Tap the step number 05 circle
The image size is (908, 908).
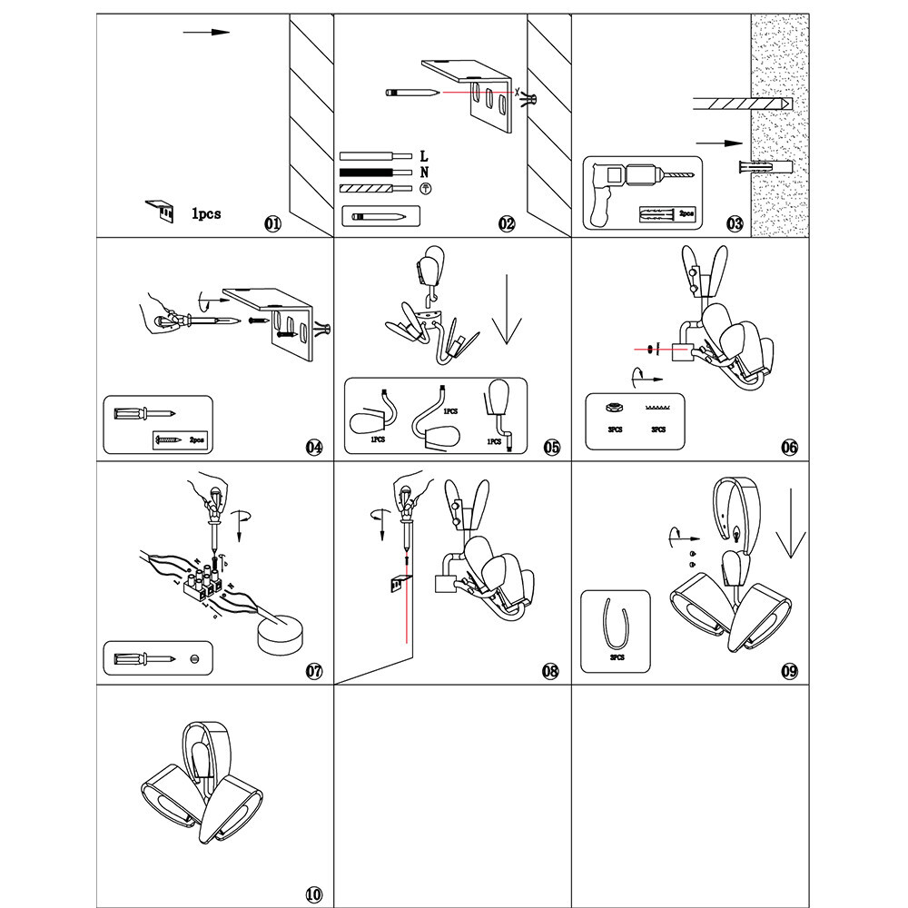click(x=552, y=447)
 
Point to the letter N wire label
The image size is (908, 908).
click(x=424, y=172)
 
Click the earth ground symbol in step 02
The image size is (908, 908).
click(x=424, y=188)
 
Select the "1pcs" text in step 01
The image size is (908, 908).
click(x=205, y=215)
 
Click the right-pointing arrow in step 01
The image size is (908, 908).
click(x=206, y=33)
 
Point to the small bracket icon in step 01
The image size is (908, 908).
click(x=161, y=211)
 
